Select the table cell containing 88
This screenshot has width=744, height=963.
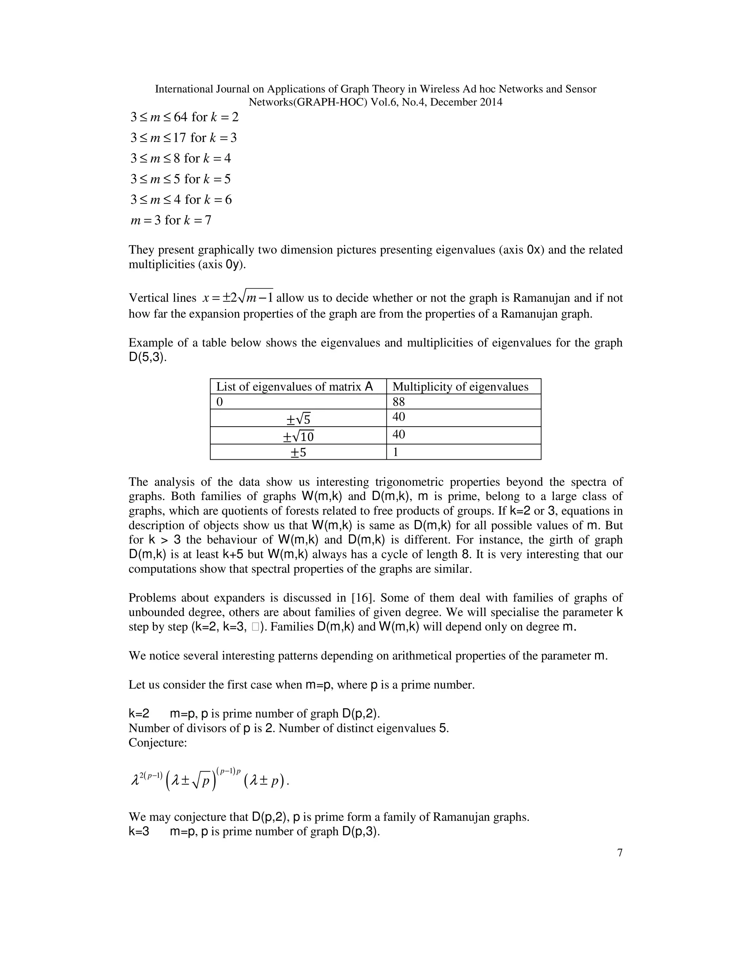[463, 402]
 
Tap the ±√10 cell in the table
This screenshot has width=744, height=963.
[298, 436]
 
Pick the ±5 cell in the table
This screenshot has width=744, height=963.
[298, 452]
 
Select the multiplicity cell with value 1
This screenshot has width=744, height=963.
[463, 452]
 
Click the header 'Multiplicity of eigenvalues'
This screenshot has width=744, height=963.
[460, 387]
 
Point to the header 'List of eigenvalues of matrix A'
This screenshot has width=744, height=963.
[294, 387]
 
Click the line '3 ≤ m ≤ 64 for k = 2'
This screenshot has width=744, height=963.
[184, 117]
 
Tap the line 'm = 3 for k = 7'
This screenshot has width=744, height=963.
[171, 220]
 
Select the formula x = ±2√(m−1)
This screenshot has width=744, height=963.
[238, 298]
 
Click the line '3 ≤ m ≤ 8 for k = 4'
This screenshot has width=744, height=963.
[180, 158]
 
